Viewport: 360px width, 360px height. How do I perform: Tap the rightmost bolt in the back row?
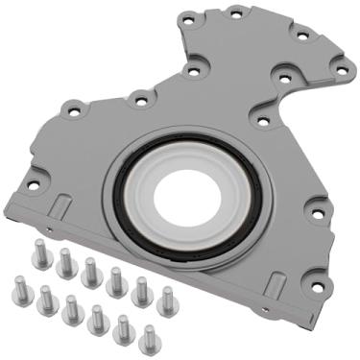166,297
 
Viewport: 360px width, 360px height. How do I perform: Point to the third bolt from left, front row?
71,306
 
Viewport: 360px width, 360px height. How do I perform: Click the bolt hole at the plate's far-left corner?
33,183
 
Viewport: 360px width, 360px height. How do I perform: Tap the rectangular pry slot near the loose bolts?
57,201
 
